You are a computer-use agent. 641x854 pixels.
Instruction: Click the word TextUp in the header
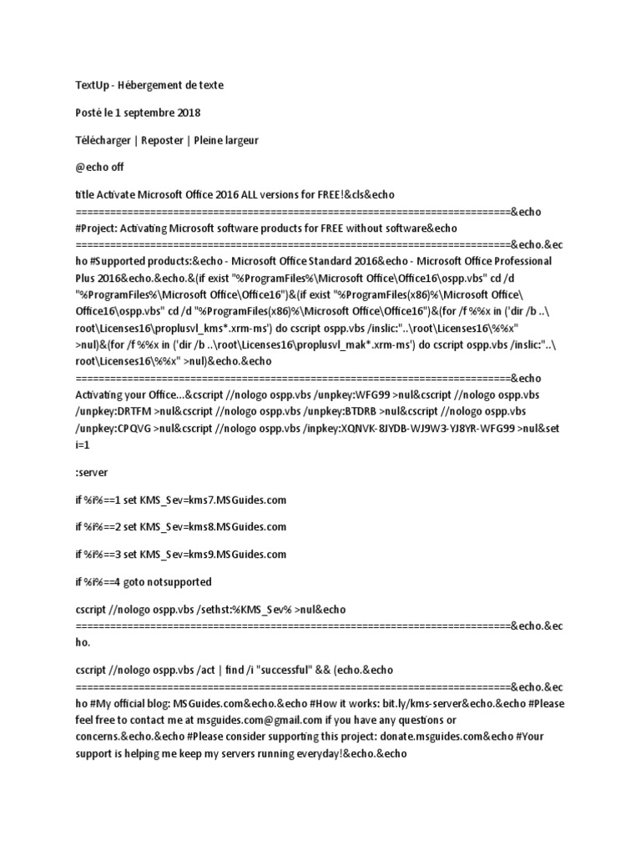pyautogui.click(x=92, y=85)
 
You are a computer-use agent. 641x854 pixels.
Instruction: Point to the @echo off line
pyautogui.click(x=99, y=167)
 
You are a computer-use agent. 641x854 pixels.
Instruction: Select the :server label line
pyautogui.click(x=92, y=472)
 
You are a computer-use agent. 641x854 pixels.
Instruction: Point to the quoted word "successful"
pyautogui.click(x=281, y=670)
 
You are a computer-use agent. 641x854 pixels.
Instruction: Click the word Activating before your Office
pyautogui.click(x=103, y=394)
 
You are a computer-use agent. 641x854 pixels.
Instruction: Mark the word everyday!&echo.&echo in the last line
pyautogui.click(x=343, y=753)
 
